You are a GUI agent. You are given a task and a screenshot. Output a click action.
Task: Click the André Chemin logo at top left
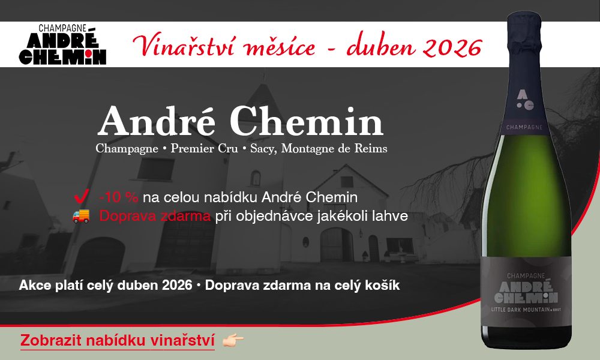62,45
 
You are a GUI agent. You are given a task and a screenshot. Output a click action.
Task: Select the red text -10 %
119,197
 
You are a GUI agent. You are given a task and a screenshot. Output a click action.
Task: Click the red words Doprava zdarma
155,216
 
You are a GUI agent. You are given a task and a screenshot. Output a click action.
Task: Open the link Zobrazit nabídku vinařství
118,340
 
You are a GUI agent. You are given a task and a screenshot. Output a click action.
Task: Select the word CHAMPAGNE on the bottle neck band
525,127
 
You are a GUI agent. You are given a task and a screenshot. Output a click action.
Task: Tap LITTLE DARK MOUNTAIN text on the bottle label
520,311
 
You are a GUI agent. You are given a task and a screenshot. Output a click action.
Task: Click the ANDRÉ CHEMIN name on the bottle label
525,292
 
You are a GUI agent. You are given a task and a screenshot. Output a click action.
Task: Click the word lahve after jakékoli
392,216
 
